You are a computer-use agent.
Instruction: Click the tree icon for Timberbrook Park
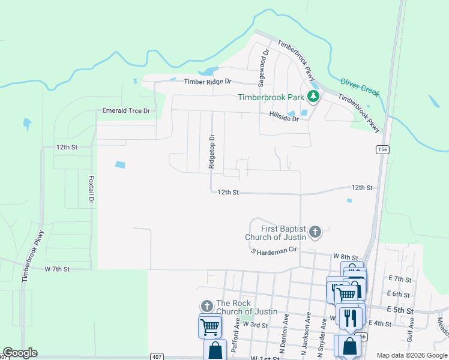pos(312,96)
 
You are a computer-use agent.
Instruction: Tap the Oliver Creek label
pos(360,86)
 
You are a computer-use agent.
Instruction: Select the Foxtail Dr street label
pos(92,190)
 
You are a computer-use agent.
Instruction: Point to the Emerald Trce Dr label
pos(126,111)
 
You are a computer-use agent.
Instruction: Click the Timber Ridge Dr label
pos(207,82)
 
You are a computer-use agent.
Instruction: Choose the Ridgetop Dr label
pos(211,153)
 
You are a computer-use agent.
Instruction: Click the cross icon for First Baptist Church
pos(315,230)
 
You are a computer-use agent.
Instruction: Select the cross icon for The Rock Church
pos(206,306)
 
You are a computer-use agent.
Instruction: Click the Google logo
pos(20,353)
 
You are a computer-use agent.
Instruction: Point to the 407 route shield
pos(156,356)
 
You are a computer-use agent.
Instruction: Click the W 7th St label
pos(57,269)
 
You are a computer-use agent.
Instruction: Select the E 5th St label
pos(401,311)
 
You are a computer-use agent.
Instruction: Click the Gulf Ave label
pos(411,331)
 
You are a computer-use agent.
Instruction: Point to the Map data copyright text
pos(411,355)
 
